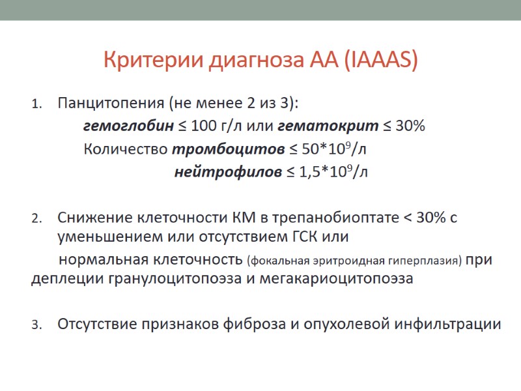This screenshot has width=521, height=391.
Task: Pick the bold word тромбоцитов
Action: tap(228, 149)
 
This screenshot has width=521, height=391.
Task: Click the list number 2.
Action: tap(36, 218)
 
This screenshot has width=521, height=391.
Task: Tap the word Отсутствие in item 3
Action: tap(96, 324)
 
